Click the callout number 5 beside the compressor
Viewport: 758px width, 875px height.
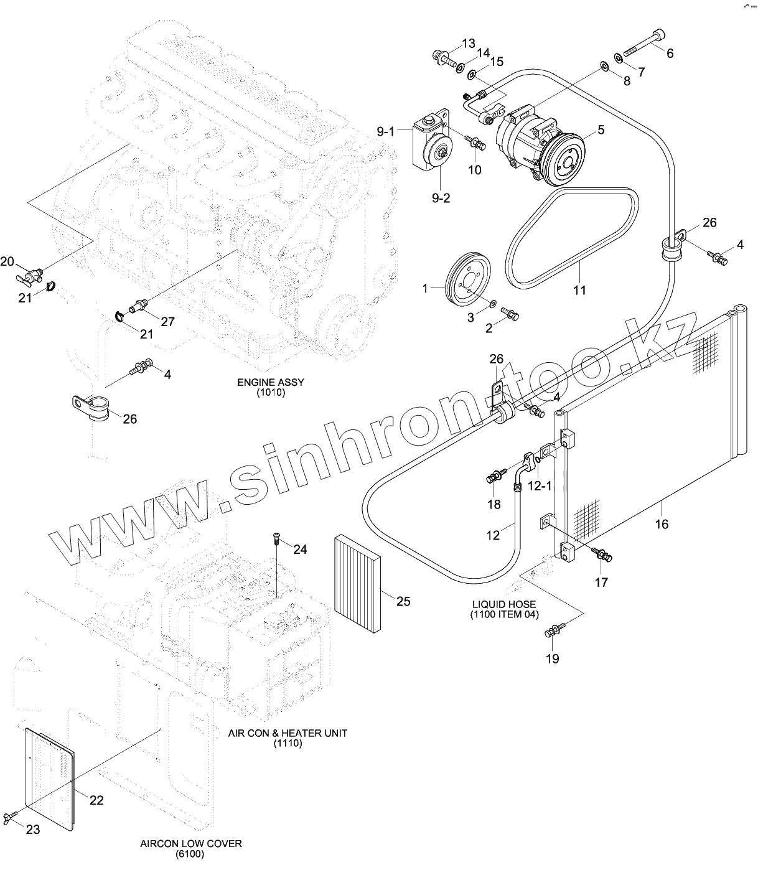601,130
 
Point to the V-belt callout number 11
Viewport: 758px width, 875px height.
580,290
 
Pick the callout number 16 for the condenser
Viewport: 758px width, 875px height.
662,524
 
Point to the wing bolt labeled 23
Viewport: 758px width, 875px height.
12,817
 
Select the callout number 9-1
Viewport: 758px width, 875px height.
386,131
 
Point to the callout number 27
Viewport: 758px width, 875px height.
167,321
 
